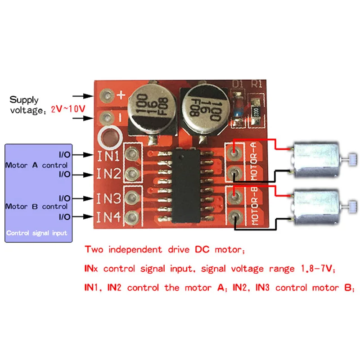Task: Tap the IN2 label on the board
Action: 108,174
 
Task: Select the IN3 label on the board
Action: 108,197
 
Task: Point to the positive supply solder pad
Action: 107,95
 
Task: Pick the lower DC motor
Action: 317,206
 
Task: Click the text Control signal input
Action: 37,233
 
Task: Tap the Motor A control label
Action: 36,165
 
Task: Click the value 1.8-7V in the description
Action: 314,269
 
